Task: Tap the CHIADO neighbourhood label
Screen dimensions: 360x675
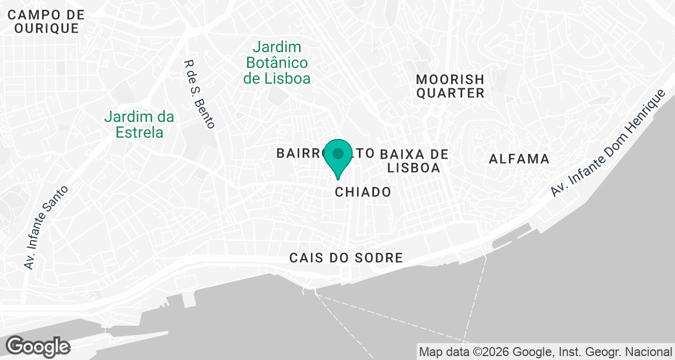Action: click(x=363, y=192)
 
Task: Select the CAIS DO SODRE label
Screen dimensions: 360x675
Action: click(x=346, y=258)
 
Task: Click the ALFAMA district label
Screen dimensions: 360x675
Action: click(x=519, y=159)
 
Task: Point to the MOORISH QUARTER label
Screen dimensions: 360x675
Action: click(x=450, y=86)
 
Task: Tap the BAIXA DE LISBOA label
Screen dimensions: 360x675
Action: click(x=413, y=161)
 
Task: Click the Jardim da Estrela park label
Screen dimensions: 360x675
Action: click(x=139, y=125)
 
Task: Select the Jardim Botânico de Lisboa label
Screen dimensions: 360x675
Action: click(x=277, y=62)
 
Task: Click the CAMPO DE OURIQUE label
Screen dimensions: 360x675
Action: click(x=46, y=22)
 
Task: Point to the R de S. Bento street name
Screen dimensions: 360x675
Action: click(x=200, y=94)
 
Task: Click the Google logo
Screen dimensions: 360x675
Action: click(x=38, y=346)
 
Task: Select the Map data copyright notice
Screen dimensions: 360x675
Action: click(x=546, y=353)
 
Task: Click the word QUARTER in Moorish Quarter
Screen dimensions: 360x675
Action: click(x=450, y=93)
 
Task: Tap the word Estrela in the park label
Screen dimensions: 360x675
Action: click(x=139, y=133)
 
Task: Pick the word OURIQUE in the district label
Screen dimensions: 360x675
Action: click(x=46, y=29)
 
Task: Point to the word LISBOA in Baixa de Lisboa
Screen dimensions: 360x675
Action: click(x=413, y=168)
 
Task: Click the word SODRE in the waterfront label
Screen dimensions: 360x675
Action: click(x=380, y=258)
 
